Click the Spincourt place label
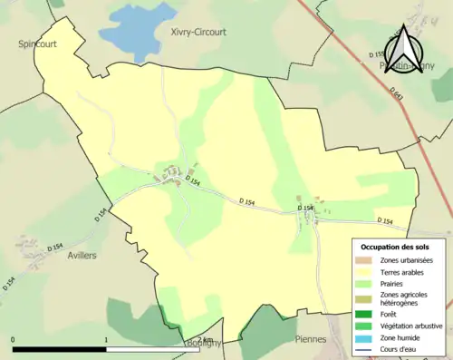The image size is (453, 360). pos(34,43)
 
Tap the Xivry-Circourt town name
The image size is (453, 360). pos(198,32)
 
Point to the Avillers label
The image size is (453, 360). pos(82,256)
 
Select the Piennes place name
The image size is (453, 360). pos(310,339)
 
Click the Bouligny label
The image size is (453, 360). pos(203,345)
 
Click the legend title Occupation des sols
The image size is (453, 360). pos(395,247)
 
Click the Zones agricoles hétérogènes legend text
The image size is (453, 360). pos(405,299)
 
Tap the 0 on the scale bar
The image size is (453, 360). pos(14,340)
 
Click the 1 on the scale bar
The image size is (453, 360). pos(107,340)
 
